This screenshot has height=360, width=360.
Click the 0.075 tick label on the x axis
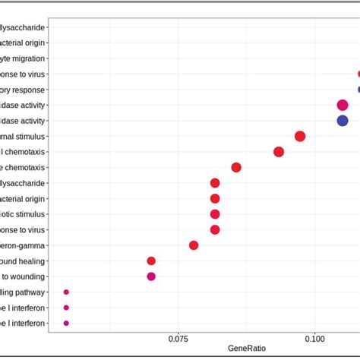pyautogui.click(x=178, y=336)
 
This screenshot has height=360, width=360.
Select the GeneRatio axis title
pyautogui.click(x=247, y=348)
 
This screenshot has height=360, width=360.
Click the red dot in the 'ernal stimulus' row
pyautogui.click(x=300, y=137)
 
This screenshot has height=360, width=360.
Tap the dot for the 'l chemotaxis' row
pyautogui.click(x=279, y=152)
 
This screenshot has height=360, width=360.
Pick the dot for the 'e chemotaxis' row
pyautogui.click(x=236, y=168)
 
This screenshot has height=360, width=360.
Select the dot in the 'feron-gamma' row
pyautogui.click(x=194, y=245)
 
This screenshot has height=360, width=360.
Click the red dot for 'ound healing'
pyautogui.click(x=151, y=261)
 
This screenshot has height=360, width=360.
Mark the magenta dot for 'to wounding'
pyautogui.click(x=151, y=276)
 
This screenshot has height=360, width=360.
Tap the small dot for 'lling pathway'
pyautogui.click(x=66, y=292)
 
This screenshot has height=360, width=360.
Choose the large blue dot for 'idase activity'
pyautogui.click(x=343, y=121)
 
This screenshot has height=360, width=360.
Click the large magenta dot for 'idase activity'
pyautogui.click(x=343, y=106)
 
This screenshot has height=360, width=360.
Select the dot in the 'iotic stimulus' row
pyautogui.click(x=215, y=214)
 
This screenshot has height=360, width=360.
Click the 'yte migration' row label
pyautogui.click(x=23, y=58)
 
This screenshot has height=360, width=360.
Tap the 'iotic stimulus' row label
pyautogui.click(x=23, y=214)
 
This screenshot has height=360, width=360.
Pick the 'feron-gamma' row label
pyautogui.click(x=23, y=245)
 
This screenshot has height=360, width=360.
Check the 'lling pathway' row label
pyautogui.click(x=23, y=292)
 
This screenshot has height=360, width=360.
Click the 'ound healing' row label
pyautogui.click(x=23, y=261)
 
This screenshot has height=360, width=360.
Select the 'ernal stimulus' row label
pyautogui.click(x=23, y=137)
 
